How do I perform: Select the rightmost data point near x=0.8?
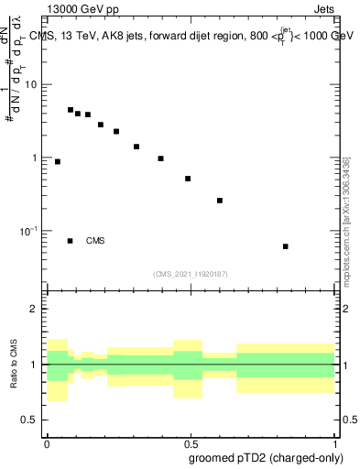[286, 246]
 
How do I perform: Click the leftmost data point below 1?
[58, 161]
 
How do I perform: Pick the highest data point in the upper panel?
[71, 110]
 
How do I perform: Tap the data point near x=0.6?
[220, 200]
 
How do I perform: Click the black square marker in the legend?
[71, 241]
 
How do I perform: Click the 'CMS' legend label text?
[95, 241]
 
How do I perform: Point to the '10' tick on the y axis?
[31, 85]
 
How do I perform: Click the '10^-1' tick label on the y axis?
[28, 231]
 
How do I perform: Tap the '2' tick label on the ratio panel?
[36, 310]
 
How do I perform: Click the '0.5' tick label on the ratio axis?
[31, 420]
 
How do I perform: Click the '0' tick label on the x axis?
[47, 443]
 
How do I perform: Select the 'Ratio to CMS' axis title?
[14, 365]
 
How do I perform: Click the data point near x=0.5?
[188, 179]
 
